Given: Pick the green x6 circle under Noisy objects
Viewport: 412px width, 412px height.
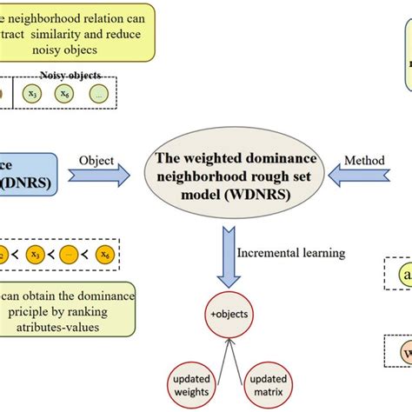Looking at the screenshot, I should coord(66,93).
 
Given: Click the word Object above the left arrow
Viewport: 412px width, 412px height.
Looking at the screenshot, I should coord(96,160).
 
